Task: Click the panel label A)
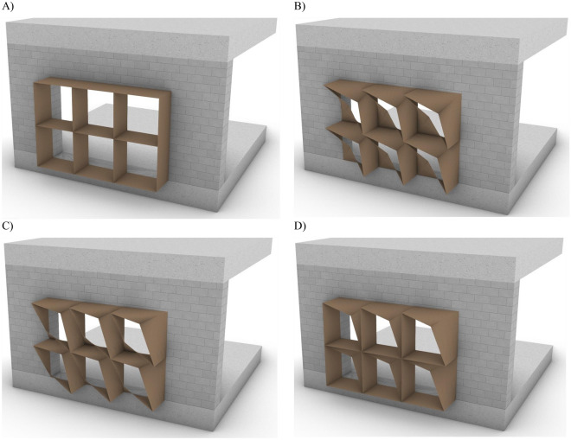8,6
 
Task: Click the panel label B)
300,6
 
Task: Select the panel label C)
8,226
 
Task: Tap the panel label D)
300,226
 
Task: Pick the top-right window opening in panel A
143,114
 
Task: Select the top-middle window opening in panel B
390,113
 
